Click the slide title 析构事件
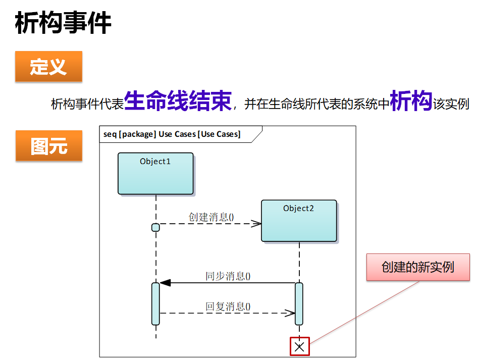[63, 23]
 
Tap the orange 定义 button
[48, 66]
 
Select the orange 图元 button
[48, 146]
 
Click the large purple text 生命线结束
[178, 100]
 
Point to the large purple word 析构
[411, 100]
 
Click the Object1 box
[155, 174]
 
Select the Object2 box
[299, 221]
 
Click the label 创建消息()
[211, 217]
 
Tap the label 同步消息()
[228, 276]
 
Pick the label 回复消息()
[228, 306]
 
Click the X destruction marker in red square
[299, 346]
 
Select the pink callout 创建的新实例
[418, 267]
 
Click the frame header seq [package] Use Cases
[172, 134]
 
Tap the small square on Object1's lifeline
[155, 227]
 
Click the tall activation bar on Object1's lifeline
[155, 303]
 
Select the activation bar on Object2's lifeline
[299, 303]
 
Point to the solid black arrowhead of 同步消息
[165, 283]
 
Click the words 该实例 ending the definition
[451, 104]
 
